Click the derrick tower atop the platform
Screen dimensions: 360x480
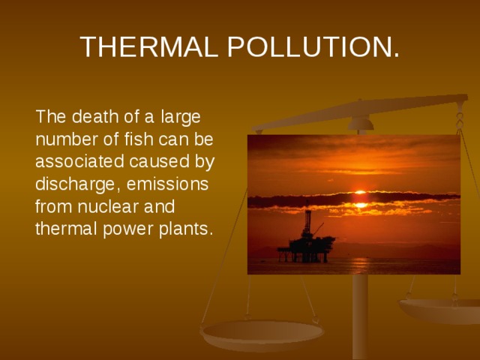(307, 222)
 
